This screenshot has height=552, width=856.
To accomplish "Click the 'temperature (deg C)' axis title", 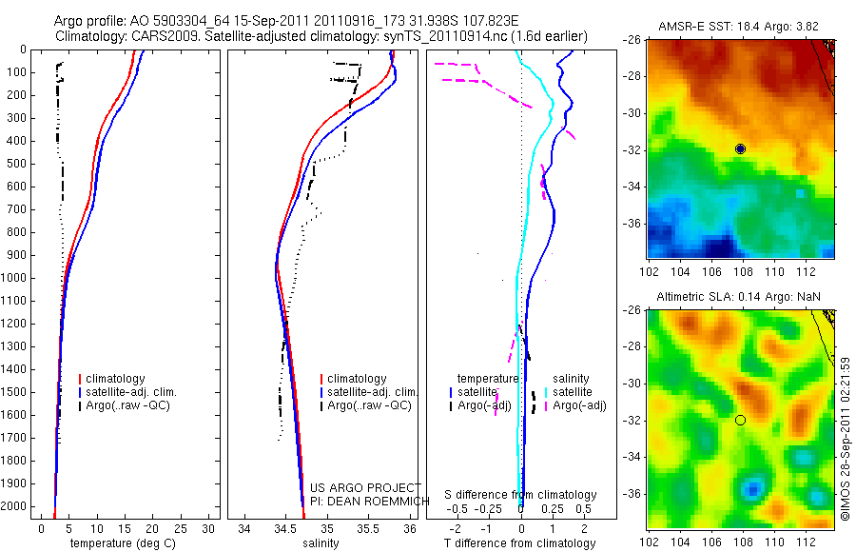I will (x=121, y=543).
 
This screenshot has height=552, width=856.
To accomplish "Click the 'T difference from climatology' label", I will (x=519, y=543).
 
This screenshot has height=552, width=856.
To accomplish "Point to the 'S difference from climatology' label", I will (x=520, y=495).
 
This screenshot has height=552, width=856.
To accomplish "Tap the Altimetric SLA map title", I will (x=737, y=298).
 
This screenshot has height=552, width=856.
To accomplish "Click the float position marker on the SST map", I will (x=740, y=148).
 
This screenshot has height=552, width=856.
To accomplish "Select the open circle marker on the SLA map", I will (x=740, y=420).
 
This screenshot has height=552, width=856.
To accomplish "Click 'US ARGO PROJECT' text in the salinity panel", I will (x=352, y=488).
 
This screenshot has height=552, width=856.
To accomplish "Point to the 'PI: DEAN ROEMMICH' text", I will (x=353, y=501).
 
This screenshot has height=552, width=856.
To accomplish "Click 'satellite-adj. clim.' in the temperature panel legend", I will (x=132, y=392).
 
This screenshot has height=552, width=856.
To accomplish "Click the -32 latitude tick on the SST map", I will (x=634, y=149).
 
